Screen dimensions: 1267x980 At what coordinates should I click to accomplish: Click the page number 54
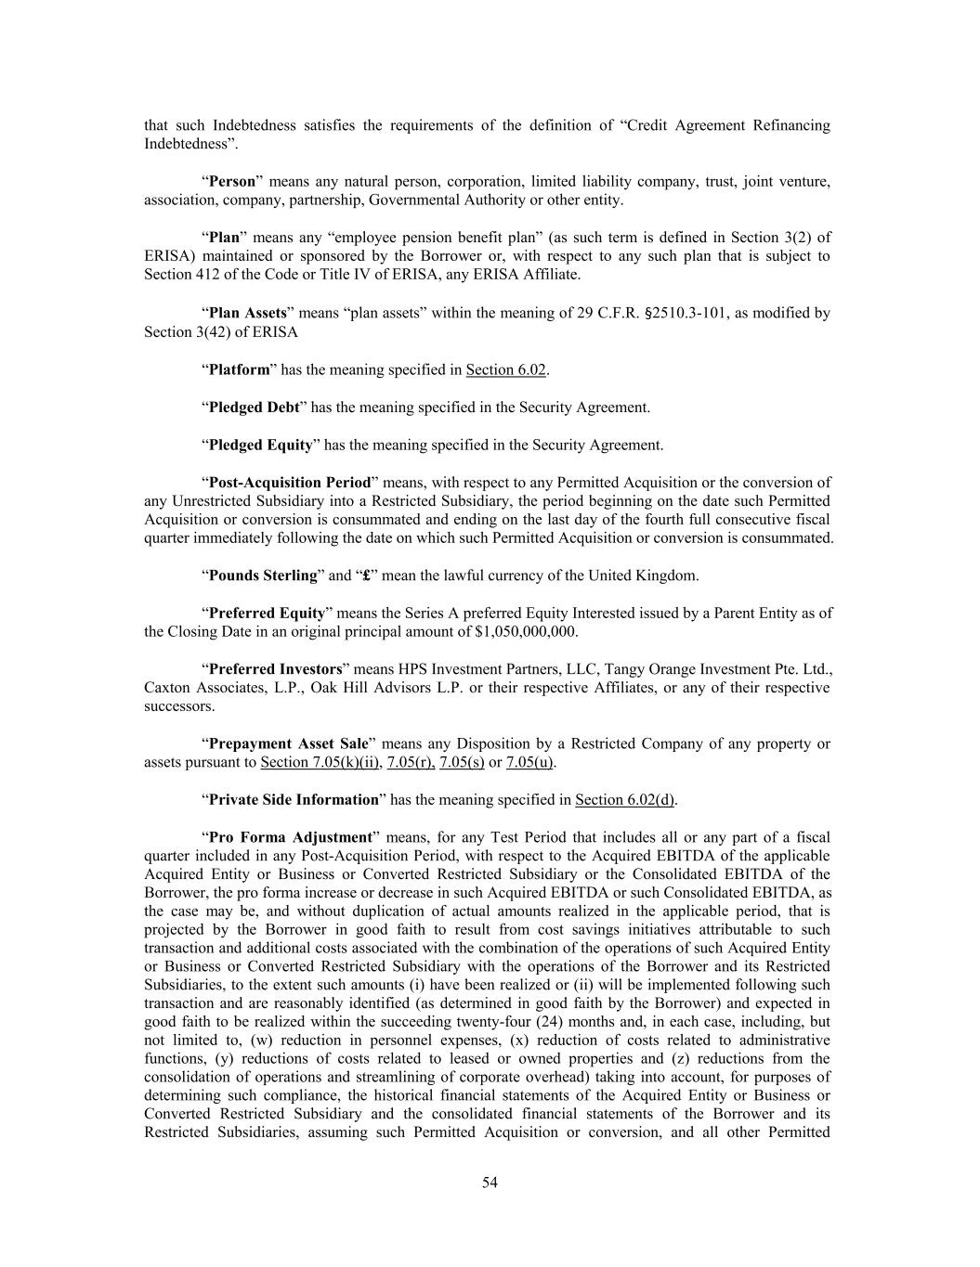coord(490,1182)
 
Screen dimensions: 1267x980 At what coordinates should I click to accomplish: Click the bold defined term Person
coord(231,181)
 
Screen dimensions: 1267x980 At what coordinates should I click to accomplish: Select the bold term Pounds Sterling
coord(263,575)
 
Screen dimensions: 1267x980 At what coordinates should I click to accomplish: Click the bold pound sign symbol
coord(367,575)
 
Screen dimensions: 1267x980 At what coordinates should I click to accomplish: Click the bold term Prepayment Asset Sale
coord(288,743)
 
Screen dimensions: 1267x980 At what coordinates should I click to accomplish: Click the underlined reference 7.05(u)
coord(529,762)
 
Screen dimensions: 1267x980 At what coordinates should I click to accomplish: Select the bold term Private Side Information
coord(294,799)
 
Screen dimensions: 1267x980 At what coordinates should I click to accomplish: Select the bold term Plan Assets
coord(247,313)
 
